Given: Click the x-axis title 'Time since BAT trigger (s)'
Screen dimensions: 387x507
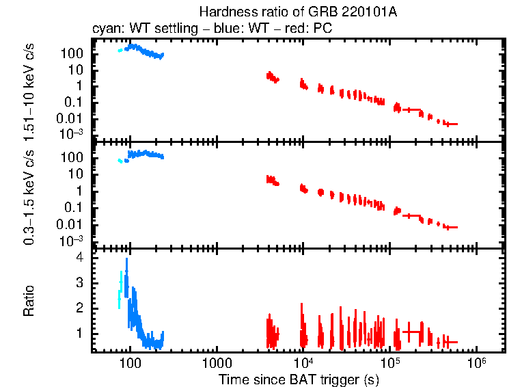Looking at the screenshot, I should (x=299, y=379).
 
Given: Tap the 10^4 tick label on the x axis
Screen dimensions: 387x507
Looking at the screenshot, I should (x=303, y=362).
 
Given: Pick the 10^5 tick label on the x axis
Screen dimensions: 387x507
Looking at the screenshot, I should (x=389, y=362).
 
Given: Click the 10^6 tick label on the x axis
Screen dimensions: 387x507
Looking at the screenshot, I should (x=476, y=362).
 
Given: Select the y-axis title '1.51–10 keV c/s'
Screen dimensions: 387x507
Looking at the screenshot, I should (x=29, y=89).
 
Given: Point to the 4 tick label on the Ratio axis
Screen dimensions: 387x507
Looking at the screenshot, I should (x=79, y=258).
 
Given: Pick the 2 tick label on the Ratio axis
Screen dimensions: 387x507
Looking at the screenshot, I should (x=79, y=308).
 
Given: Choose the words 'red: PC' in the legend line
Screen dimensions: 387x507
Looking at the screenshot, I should (x=312, y=29).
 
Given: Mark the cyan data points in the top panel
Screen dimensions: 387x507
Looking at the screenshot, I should (x=121, y=50).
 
